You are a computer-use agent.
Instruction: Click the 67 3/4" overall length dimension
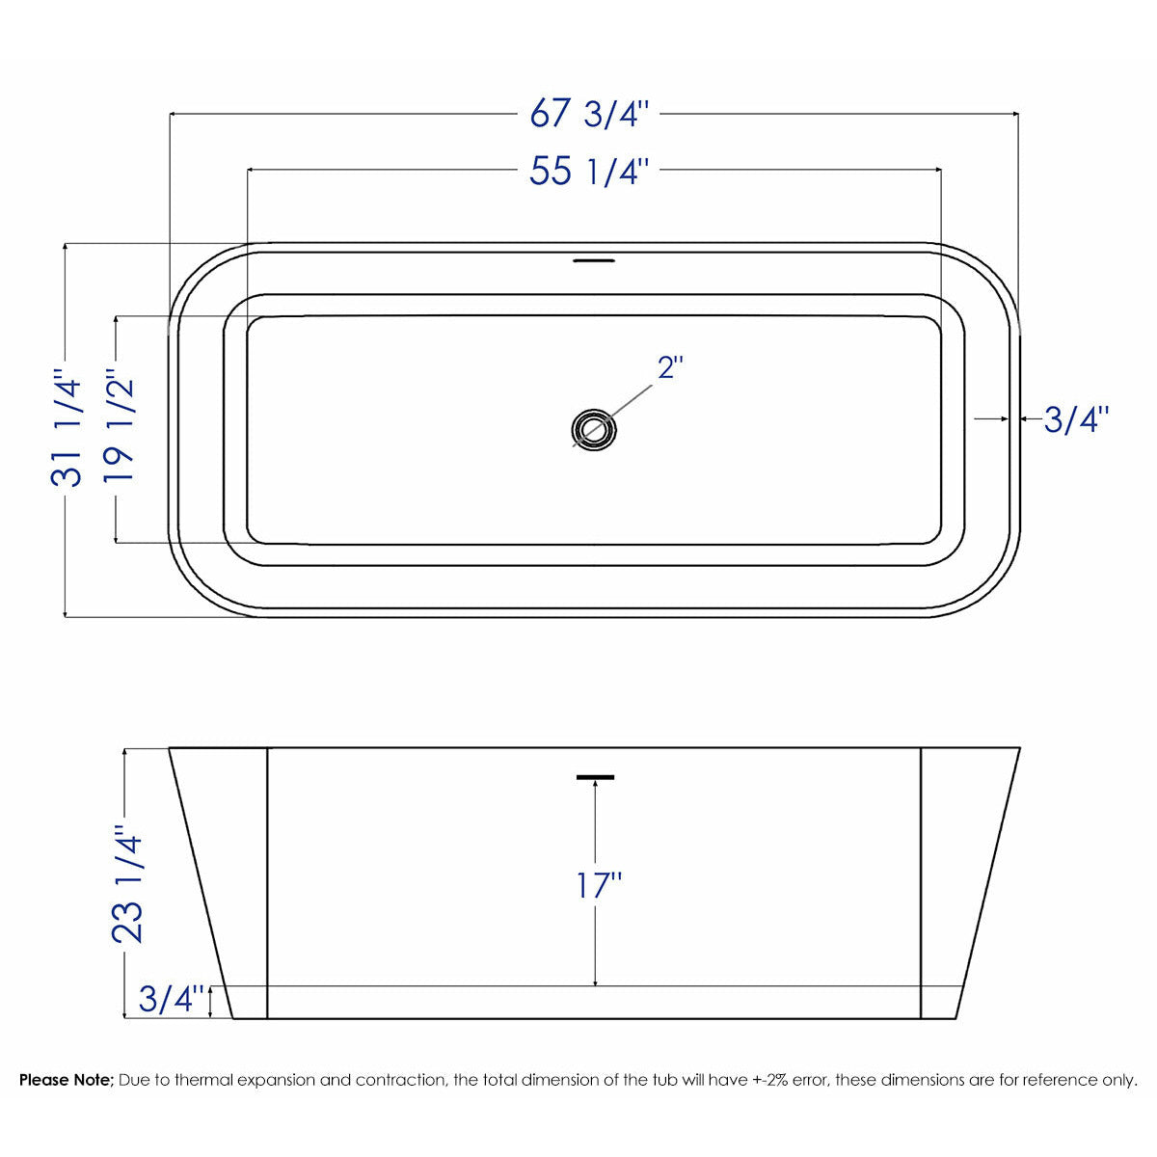pos(592,114)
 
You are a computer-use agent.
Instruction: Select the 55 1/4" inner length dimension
pos(592,172)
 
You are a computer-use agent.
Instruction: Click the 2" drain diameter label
pos(670,367)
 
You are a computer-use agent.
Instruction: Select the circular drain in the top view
pos(593,430)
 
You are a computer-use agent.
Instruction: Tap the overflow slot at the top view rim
pos(593,259)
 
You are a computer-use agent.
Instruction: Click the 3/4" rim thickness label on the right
pos(1076,419)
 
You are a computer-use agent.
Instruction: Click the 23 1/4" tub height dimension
pos(128,882)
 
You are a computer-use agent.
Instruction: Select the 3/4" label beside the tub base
pos(173,999)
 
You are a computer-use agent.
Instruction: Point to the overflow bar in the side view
pos(595,776)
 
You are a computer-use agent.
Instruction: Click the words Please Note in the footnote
pos(67,1080)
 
